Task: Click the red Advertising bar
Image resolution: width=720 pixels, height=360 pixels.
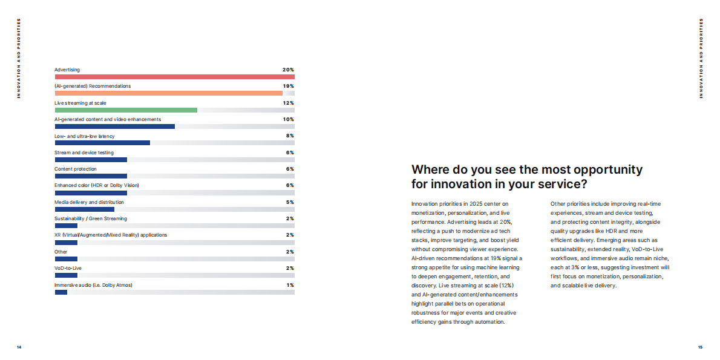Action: coord(174,77)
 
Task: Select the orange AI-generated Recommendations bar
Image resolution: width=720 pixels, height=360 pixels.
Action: coord(169,93)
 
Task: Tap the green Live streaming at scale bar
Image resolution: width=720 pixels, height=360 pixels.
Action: coord(126,110)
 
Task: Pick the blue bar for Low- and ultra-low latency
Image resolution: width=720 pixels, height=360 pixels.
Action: coord(102,143)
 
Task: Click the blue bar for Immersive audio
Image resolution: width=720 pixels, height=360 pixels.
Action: coord(61,292)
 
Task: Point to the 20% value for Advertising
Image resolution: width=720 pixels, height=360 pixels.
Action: coord(289,70)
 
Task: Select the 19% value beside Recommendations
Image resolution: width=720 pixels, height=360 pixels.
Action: coord(289,87)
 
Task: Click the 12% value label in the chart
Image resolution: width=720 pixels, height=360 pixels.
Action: coord(289,103)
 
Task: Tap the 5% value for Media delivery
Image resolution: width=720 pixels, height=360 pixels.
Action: coord(290,202)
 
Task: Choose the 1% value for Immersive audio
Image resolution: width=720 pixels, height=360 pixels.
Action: coord(290,285)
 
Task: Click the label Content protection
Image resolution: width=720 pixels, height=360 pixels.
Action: coord(76,169)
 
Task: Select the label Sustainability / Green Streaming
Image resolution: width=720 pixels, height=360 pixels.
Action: coord(91,218)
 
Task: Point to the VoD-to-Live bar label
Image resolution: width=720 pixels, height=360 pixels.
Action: coord(68,268)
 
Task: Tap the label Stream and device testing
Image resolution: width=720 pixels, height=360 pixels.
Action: coord(84,152)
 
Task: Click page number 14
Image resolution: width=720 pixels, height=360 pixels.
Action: coord(19,347)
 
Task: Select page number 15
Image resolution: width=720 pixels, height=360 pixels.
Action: coord(700,347)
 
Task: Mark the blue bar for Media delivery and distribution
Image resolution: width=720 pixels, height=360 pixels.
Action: coord(85,209)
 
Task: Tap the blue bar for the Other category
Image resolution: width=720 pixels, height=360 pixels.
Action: coord(66,259)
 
